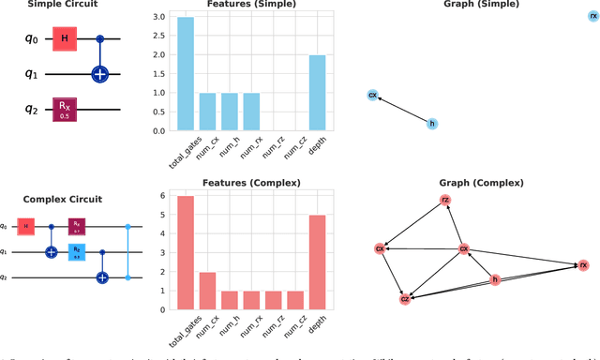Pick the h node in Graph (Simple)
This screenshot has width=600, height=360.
(432, 124)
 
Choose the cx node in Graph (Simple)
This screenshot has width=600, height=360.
(372, 95)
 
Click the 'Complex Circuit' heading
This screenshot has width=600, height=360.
(64, 200)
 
